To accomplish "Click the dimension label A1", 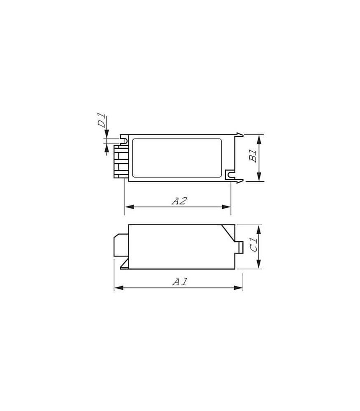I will (x=180, y=282).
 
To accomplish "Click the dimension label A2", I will (x=179, y=201).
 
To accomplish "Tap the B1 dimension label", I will (x=254, y=156).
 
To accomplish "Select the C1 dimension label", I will (x=254, y=246).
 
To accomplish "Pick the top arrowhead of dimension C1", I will (x=259, y=229).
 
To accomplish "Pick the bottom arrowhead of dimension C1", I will (x=259, y=265).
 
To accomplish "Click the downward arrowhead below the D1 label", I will (x=107, y=135).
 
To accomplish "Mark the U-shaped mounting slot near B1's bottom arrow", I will (x=230, y=174).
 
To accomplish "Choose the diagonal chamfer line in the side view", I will (x=227, y=232).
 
